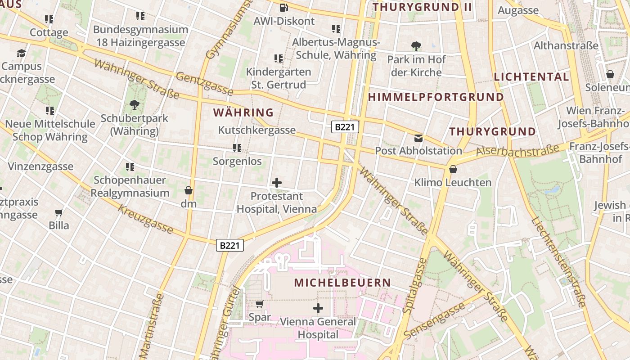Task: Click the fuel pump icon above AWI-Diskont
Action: point(284,7)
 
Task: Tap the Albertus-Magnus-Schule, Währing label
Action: point(336,49)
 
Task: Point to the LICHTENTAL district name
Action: point(531,77)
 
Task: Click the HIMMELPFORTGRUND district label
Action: point(436,97)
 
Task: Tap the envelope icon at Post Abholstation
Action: point(418,138)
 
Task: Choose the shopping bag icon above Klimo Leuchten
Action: point(453,169)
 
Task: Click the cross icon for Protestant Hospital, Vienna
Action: point(277,183)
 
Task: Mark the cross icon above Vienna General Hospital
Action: point(318,308)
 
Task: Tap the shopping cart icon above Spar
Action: point(259,304)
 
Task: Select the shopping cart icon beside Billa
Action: point(59,212)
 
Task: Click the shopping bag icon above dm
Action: point(189,190)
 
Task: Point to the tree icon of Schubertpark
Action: point(134,105)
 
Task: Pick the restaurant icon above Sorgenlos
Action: point(237,148)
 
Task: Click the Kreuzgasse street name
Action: point(145,219)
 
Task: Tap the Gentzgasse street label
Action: point(204,84)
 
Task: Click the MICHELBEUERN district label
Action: point(342,283)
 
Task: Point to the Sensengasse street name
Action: point(434,320)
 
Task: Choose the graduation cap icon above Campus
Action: point(21,54)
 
